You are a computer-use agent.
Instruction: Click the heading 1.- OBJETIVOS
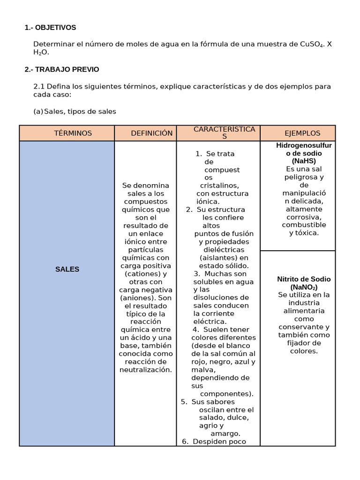pyautogui.click(x=50, y=28)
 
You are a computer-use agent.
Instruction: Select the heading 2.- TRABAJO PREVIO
pyautogui.click(x=62, y=69)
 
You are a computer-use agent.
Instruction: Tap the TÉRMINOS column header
pyautogui.click(x=73, y=133)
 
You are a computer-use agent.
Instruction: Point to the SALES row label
pyautogui.click(x=67, y=269)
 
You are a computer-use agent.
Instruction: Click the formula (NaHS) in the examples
pyautogui.click(x=304, y=161)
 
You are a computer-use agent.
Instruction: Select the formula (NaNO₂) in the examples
pyautogui.click(x=304, y=287)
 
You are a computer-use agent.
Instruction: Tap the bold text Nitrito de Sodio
pyautogui.click(x=304, y=279)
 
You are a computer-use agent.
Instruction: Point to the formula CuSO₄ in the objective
pyautogui.click(x=312, y=44)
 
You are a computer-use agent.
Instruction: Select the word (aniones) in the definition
pyautogui.click(x=138, y=298)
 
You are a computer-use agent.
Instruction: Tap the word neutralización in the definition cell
pyautogui.click(x=145, y=370)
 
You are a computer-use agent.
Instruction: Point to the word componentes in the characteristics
pyautogui.click(x=225, y=394)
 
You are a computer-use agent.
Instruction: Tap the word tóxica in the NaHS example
pyautogui.click(x=307, y=233)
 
